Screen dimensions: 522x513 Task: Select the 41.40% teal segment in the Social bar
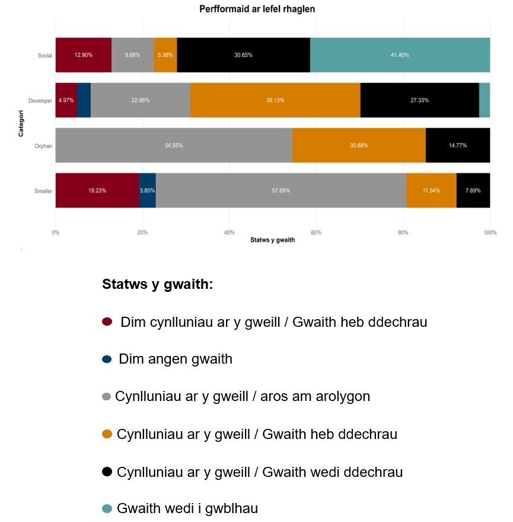[400, 55]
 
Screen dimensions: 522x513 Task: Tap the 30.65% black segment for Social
[243, 55]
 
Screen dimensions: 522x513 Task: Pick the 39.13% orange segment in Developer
[275, 100]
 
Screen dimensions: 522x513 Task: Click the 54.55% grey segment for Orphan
[174, 145]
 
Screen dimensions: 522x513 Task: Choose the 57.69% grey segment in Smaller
[281, 190]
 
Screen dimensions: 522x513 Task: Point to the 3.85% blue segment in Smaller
[147, 190]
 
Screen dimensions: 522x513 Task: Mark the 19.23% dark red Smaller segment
[97, 190]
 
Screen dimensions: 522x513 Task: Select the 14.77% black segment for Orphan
[458, 145]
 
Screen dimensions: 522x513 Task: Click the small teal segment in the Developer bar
[485, 100]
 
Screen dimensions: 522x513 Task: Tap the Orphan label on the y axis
[44, 146]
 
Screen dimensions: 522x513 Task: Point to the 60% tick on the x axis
[316, 232]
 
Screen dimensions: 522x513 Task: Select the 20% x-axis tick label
[142, 232]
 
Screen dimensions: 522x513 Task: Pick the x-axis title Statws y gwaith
[272, 240]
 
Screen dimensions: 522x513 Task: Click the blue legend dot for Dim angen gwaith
[107, 359]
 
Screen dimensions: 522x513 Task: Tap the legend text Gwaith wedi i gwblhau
[187, 508]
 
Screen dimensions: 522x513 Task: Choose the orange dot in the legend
[107, 434]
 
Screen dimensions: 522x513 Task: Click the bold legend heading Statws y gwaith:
[157, 285]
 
